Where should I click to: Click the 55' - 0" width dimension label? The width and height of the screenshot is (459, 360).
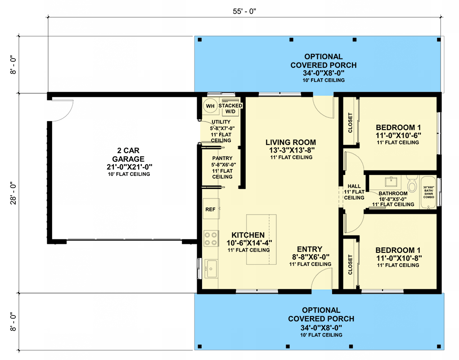244,11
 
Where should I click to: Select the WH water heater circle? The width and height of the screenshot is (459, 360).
210,106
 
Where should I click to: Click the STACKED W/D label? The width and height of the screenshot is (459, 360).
230,108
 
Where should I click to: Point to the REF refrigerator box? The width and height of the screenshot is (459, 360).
211,209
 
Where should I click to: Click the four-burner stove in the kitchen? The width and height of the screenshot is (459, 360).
211,238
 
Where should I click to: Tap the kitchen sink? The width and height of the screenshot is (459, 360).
211,269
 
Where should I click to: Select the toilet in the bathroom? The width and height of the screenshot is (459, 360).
412,184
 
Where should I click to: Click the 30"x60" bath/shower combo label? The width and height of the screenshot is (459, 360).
428,192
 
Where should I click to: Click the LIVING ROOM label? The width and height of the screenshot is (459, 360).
291,142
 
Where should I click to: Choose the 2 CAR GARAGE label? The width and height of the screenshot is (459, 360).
129,154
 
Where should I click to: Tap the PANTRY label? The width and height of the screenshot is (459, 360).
222,158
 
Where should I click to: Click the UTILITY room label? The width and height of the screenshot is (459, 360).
221,122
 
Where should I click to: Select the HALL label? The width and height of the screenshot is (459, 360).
354,186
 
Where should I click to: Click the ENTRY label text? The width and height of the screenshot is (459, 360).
310,249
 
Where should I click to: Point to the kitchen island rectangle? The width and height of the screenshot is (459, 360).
261,239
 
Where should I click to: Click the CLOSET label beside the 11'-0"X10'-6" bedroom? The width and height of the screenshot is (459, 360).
350,123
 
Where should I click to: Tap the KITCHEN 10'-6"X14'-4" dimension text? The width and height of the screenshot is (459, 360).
249,243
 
